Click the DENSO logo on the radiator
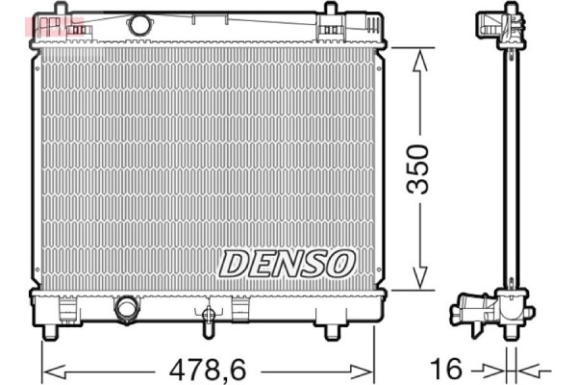coord(288,261)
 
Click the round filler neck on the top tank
coord(139,24)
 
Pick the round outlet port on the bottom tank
coord(126,308)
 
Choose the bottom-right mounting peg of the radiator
coord(332,332)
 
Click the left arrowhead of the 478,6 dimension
coord(51,368)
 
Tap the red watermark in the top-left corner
coord(57,25)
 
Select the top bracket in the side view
coord(506,23)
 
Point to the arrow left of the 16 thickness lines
coord(495,368)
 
